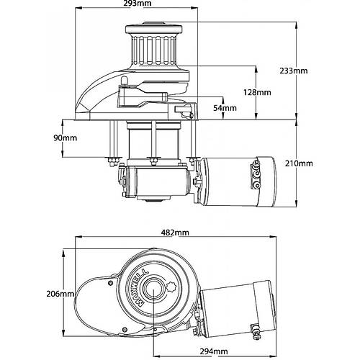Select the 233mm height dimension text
(x=314, y=71)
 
